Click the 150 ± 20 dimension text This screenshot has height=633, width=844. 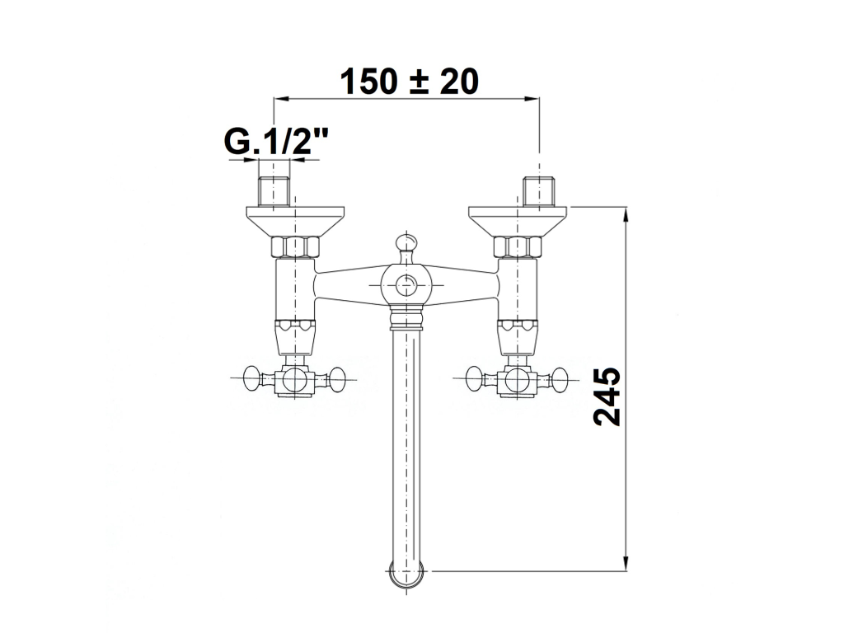click(x=409, y=82)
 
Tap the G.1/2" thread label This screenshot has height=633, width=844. click(x=275, y=142)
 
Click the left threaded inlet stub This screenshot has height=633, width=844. click(x=274, y=191)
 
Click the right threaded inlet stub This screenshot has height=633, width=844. click(x=539, y=191)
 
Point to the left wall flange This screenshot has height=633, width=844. click(x=296, y=221)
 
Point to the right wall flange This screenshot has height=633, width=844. click(x=518, y=221)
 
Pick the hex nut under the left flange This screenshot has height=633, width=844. click(x=295, y=247)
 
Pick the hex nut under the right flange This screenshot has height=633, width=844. click(x=518, y=247)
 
